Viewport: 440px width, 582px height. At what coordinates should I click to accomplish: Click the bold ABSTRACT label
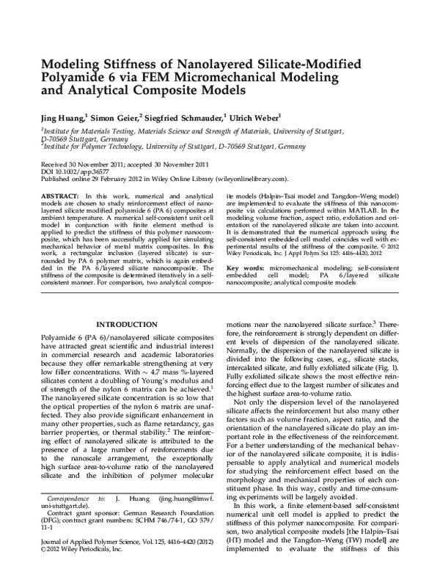coord(59,197)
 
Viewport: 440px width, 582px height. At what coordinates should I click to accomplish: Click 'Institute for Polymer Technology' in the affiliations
coord(86,146)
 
